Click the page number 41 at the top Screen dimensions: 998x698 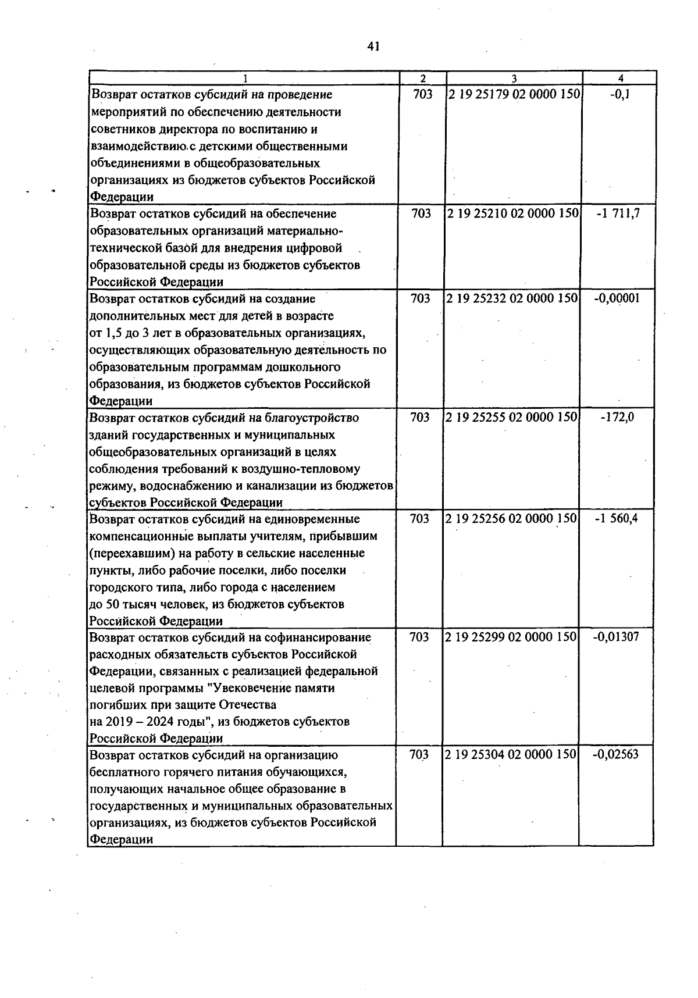click(x=373, y=47)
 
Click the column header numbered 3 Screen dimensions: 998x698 click(x=514, y=79)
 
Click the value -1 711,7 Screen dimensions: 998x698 click(x=618, y=213)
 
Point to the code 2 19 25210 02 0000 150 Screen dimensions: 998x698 click(x=513, y=213)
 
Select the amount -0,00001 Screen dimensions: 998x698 click(x=617, y=298)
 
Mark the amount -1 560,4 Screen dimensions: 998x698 click(x=617, y=518)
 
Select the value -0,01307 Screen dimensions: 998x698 click(x=616, y=637)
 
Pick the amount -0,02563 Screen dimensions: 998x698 click(x=615, y=755)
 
